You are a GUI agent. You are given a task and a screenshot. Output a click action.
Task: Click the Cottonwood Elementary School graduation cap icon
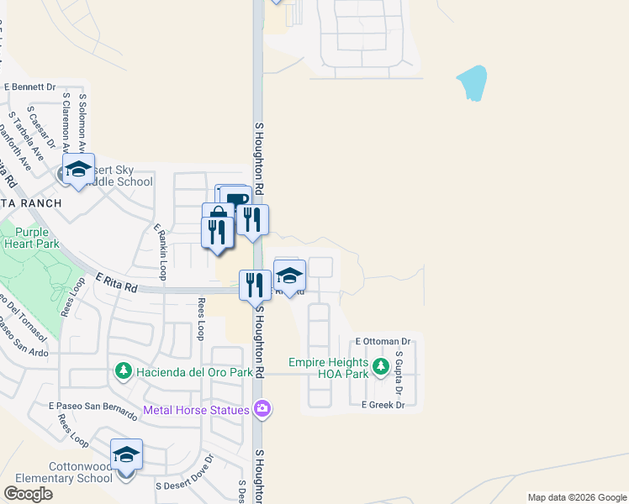(x=126, y=455)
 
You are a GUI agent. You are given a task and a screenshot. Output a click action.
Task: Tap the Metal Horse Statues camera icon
(x=263, y=409)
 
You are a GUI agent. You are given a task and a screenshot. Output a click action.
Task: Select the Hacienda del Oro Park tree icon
(x=123, y=370)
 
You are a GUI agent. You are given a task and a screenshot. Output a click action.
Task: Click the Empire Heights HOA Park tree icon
(x=380, y=366)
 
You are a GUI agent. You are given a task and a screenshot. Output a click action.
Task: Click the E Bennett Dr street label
(x=29, y=87)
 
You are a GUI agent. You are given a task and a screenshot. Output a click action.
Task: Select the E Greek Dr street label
(x=383, y=405)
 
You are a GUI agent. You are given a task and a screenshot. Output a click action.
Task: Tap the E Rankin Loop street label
(x=160, y=251)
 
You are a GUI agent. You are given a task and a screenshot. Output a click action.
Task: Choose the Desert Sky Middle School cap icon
(x=78, y=170)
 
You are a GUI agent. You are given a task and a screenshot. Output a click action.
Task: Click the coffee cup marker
(x=236, y=199)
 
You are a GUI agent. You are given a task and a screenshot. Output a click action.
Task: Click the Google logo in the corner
(x=29, y=494)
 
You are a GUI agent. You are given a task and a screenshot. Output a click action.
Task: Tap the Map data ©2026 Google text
(x=577, y=497)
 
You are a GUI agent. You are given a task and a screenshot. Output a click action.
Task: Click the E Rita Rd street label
(x=116, y=282)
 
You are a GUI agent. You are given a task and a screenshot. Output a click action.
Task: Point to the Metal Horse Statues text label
(x=196, y=410)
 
